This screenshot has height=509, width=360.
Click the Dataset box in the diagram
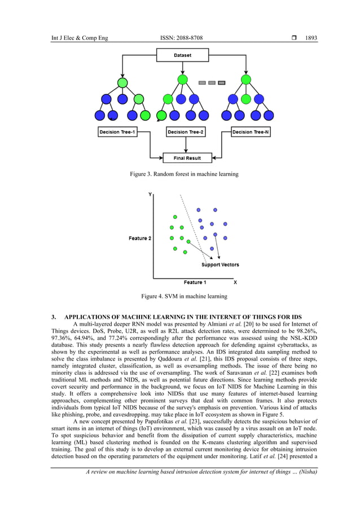[x=182, y=56]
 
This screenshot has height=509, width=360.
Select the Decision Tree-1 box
[x=117, y=132]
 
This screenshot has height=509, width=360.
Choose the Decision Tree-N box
[x=251, y=132]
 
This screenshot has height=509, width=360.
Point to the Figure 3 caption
[x=184, y=174]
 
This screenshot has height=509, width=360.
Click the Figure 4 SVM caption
[x=184, y=296]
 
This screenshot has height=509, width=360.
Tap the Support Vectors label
[x=220, y=265]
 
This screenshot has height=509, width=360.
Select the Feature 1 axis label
[x=195, y=282]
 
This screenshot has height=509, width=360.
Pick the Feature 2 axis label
[x=139, y=238]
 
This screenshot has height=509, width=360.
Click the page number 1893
[x=311, y=38]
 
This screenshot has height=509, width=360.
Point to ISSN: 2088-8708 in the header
[x=182, y=38]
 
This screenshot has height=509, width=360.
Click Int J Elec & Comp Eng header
[x=80, y=38]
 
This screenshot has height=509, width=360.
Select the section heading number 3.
[x=54, y=317]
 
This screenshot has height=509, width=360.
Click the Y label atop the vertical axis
[x=150, y=194]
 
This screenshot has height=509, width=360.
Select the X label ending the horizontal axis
[x=235, y=282]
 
